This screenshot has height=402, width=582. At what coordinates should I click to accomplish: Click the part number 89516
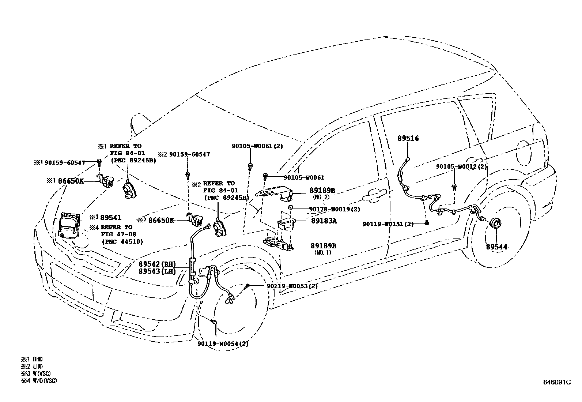click(408, 138)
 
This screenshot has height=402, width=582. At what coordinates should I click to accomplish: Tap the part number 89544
click(496, 247)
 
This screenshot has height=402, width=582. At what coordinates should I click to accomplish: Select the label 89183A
click(324, 221)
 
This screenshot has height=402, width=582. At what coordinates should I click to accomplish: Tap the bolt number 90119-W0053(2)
click(292, 286)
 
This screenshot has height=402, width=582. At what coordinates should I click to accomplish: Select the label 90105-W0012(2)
click(462, 166)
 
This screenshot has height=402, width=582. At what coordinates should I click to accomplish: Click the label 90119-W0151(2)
click(388, 224)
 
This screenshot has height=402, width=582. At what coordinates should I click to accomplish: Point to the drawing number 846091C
click(557, 382)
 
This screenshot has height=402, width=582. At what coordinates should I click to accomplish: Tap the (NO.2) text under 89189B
click(321, 197)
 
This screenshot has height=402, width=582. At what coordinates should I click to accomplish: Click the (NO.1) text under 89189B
click(322, 252)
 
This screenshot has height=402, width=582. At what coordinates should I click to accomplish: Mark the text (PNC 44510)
click(122, 241)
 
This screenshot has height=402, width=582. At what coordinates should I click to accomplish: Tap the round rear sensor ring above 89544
click(496, 224)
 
